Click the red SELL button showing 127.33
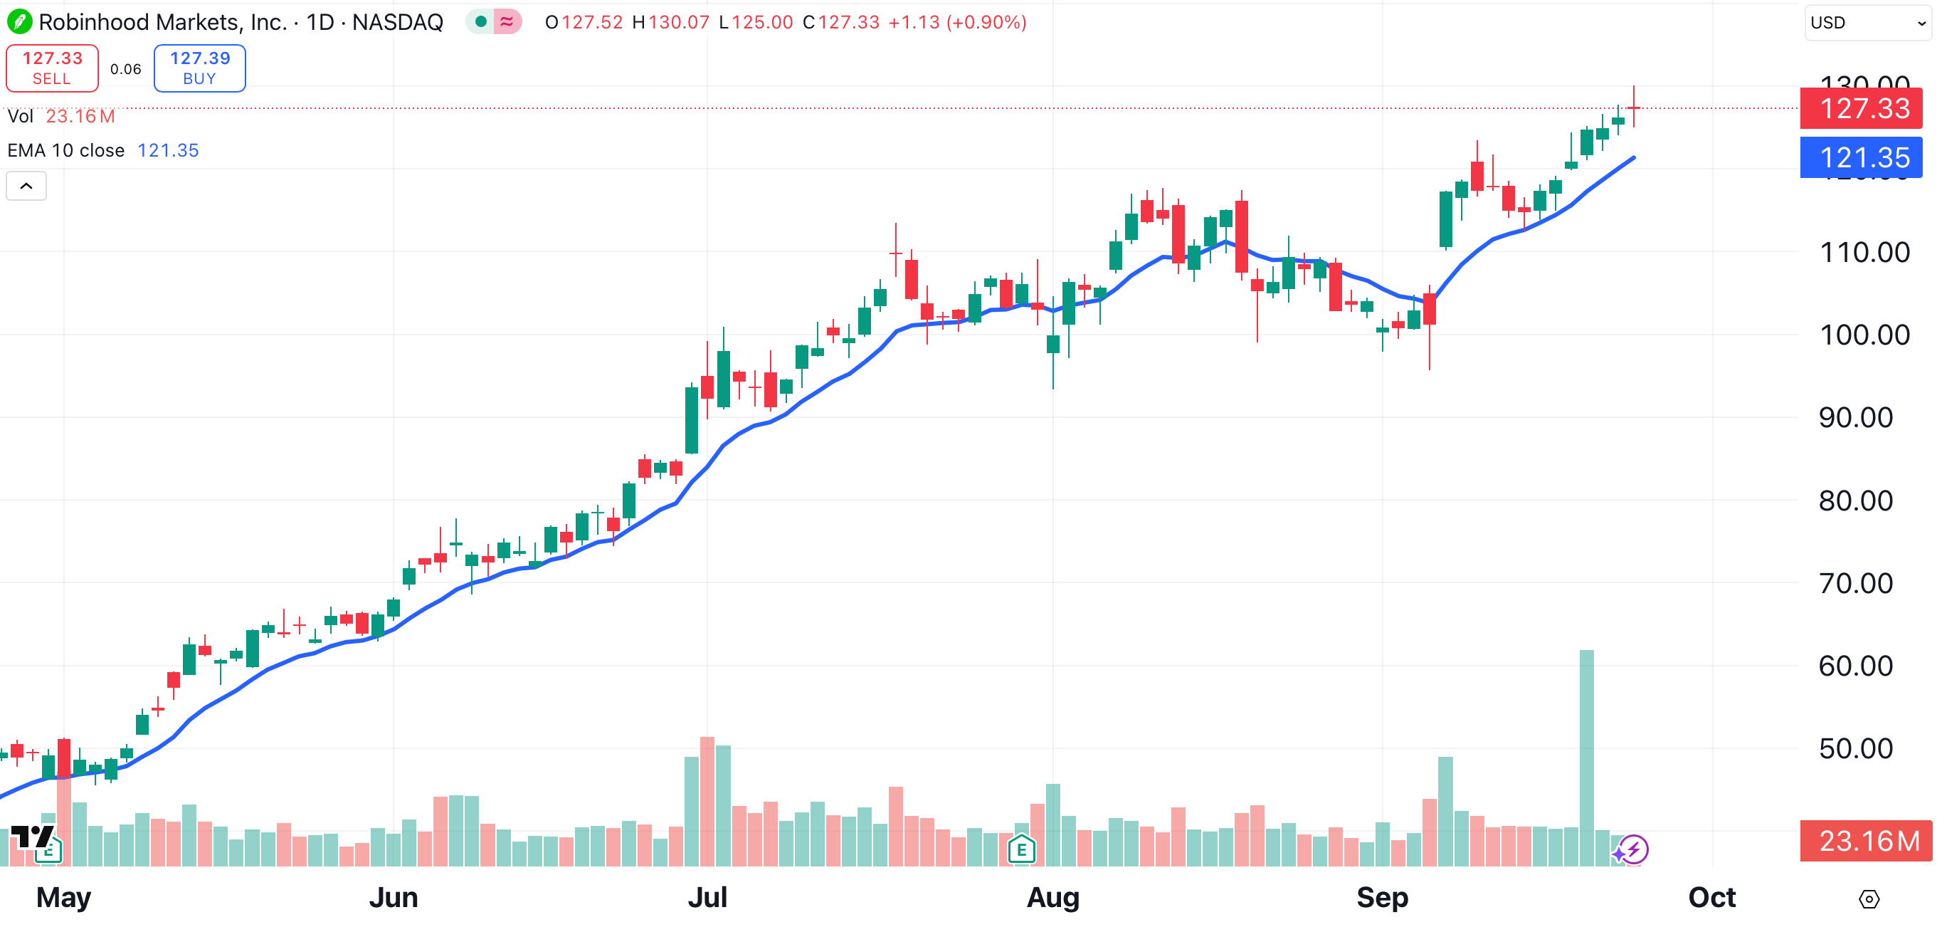tap(52, 68)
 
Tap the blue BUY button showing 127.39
tap(199, 68)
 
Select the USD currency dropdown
tap(1867, 23)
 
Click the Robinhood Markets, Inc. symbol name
tap(162, 23)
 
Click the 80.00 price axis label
tap(1855, 501)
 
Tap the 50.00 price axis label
tap(1855, 749)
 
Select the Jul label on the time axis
tap(707, 897)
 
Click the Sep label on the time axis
tap(1381, 897)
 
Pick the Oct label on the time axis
tap(1711, 897)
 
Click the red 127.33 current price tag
tap(1863, 108)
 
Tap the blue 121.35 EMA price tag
tap(1863, 157)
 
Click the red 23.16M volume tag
tap(1868, 840)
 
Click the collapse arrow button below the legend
tap(26, 186)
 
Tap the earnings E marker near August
tap(1021, 850)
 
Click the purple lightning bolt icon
tap(1632, 850)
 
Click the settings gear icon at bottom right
tap(1869, 899)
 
